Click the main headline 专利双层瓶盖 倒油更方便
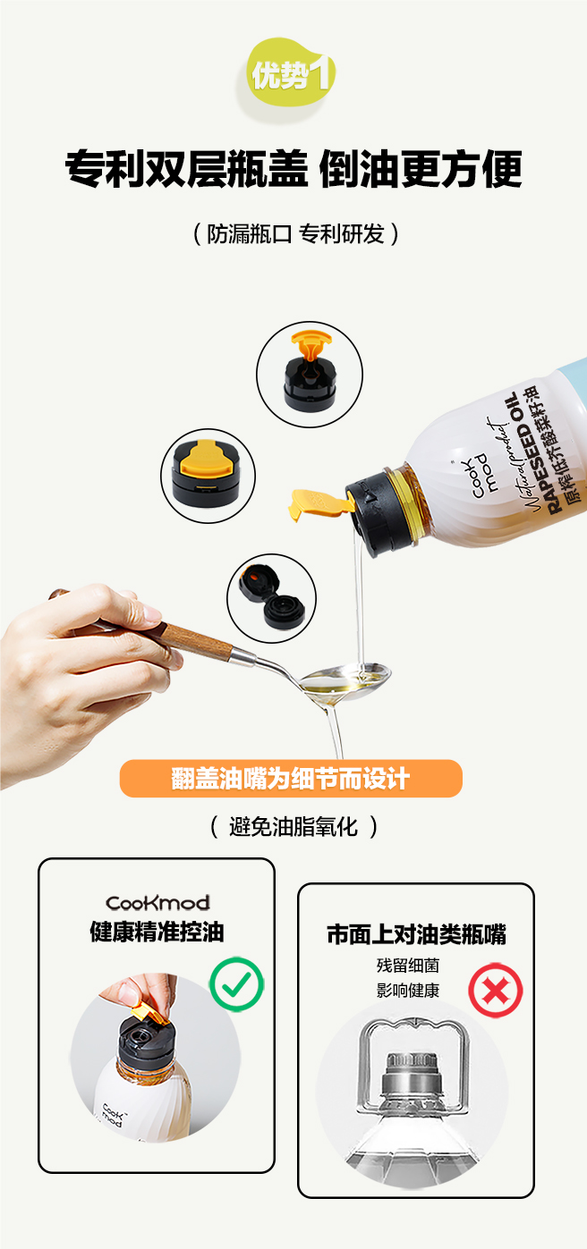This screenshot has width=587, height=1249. pos(293,168)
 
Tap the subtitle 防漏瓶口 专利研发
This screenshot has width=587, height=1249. pos(295,234)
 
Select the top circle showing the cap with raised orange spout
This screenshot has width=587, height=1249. pos(310,375)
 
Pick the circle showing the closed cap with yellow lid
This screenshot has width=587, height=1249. pos(208,476)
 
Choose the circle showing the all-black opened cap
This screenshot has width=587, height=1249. pos(271,598)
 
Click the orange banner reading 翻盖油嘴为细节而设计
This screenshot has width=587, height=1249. pos(291,779)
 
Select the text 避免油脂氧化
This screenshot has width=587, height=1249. pos(293,827)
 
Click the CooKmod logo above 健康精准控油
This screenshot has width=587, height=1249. pos(157,903)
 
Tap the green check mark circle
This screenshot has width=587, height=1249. pos(236,984)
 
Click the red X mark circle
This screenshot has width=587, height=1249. pos(496,991)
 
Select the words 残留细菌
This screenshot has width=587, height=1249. pos(408,966)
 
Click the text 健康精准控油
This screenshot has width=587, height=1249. pos(157,932)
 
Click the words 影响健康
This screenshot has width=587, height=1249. pos(408,991)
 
